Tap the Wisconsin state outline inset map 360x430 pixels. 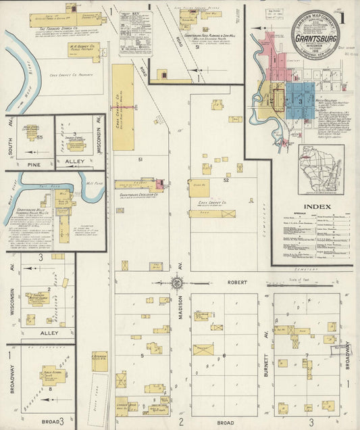point(321,168)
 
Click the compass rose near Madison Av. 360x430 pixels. point(176,283)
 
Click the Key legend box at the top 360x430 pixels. point(135,32)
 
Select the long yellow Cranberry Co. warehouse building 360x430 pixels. point(123,107)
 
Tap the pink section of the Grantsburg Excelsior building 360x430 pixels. point(159,183)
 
